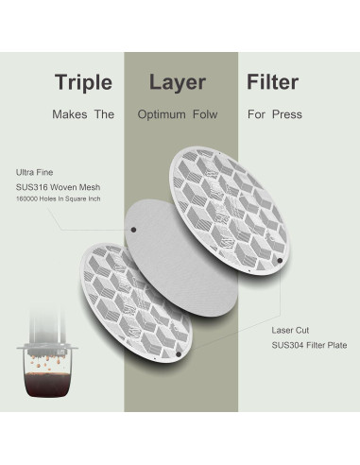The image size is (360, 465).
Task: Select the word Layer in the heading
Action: tap(178, 81)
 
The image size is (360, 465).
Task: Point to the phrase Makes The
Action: tap(84, 114)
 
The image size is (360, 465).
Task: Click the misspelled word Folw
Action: tap(204, 114)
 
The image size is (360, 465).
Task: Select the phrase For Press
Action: tap(274, 114)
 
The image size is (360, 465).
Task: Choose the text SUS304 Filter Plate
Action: tap(298, 348)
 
